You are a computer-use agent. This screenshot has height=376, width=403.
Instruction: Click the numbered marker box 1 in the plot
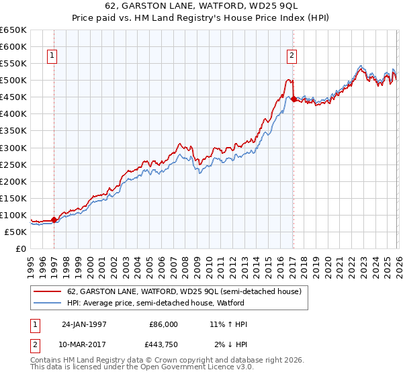pos(52,56)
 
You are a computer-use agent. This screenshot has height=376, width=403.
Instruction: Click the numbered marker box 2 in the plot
pos(292,56)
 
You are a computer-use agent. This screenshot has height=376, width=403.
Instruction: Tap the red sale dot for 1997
pos(54,219)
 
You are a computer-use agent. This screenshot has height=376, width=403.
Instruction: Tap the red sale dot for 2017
pos(294,99)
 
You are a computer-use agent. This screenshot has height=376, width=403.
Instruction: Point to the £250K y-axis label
pos(13,164)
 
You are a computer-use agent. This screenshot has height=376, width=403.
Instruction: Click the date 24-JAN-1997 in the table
pos(84,324)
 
